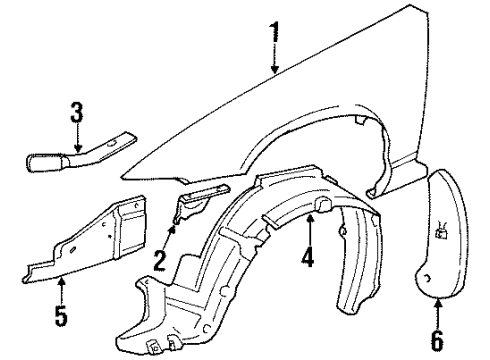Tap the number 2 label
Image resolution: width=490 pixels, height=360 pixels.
click(x=160, y=264)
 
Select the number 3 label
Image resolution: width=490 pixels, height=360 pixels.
click(x=76, y=114)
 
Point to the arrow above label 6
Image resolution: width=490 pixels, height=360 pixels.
click(x=439, y=309)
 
